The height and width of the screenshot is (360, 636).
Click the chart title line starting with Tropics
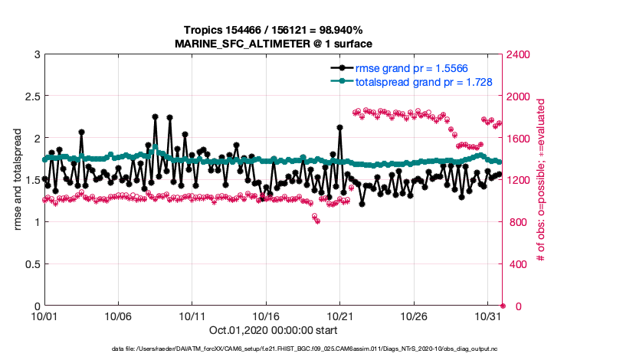click(x=274, y=30)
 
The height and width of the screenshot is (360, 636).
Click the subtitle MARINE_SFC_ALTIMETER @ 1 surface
click(x=274, y=43)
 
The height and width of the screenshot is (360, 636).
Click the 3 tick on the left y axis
click(x=35, y=54)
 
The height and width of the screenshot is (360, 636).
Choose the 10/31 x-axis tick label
click(x=488, y=316)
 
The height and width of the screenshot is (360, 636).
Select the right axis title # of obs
click(x=543, y=180)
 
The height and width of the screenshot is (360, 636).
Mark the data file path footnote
click(x=273, y=349)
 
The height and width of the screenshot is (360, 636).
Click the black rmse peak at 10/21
click(x=339, y=128)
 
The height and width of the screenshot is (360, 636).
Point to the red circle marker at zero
click(x=503, y=306)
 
